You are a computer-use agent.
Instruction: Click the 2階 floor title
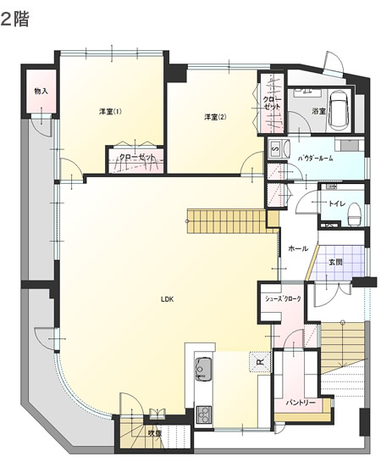(x=14, y=19)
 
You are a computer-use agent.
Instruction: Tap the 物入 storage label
(x=41, y=91)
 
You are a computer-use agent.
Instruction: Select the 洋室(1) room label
(x=110, y=112)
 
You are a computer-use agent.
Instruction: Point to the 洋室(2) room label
(x=215, y=117)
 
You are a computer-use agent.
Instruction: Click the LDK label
(x=168, y=299)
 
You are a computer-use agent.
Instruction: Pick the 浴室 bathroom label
(x=319, y=111)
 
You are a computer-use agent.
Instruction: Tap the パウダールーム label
(x=316, y=159)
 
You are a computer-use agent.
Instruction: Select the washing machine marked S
(x=276, y=149)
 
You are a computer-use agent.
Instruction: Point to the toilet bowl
(x=354, y=214)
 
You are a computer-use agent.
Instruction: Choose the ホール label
(x=298, y=248)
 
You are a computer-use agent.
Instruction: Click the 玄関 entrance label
(x=335, y=262)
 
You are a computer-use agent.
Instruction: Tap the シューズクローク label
(x=283, y=298)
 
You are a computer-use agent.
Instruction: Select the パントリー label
(x=301, y=403)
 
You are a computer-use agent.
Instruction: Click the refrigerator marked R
(x=260, y=362)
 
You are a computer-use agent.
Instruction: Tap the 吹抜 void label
(x=155, y=433)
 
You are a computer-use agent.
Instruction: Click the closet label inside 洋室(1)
(x=137, y=157)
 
